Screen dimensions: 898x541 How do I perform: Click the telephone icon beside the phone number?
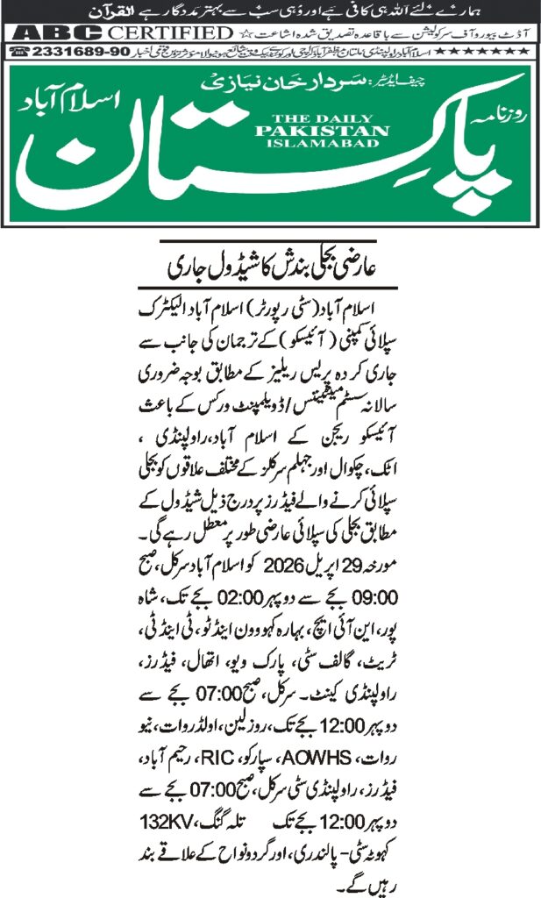point(16,51)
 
